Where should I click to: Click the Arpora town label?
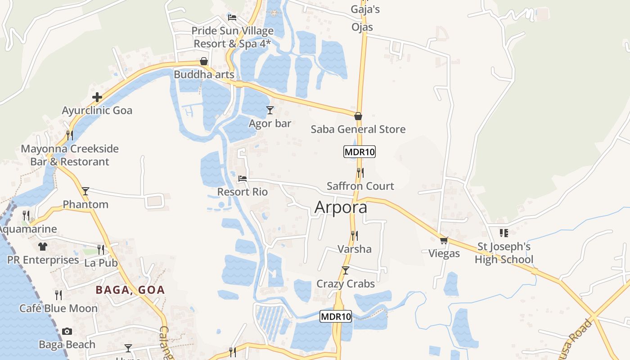341,207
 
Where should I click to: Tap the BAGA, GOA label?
130,290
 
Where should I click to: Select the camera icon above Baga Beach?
67,332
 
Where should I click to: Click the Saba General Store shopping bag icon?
358,116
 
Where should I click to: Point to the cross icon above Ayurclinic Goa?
97,97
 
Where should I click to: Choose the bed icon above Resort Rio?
243,179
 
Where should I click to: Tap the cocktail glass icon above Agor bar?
270,110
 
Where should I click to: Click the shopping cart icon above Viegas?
444,240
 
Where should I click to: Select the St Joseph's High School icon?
504,233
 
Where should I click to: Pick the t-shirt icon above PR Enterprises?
43,247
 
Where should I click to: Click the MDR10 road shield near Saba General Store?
359,152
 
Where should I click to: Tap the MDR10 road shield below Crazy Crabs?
336,316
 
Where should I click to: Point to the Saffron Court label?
360,186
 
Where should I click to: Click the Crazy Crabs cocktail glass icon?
346,270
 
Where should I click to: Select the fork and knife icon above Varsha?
355,235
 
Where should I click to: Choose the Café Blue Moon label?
58,308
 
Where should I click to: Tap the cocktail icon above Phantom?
85,191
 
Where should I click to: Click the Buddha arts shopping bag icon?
204,61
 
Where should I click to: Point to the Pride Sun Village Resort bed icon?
232,18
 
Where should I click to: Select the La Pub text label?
101,263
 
